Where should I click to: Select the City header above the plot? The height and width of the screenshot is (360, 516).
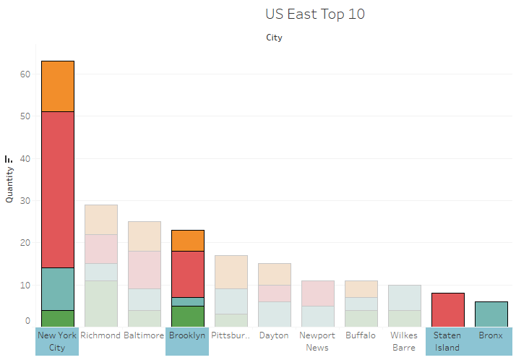(x=274, y=38)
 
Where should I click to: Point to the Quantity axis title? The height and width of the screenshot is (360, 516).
(x=9, y=184)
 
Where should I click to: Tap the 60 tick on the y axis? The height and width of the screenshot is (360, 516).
(x=25, y=74)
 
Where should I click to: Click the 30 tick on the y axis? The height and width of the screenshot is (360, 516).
(x=25, y=200)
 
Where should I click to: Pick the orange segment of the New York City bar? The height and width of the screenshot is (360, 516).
(x=58, y=86)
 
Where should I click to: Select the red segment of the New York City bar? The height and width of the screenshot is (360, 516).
(x=58, y=189)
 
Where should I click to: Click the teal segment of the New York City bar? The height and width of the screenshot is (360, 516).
(x=58, y=288)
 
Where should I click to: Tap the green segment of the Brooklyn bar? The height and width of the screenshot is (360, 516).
(x=188, y=316)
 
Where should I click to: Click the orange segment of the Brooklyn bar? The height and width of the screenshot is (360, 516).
(x=188, y=240)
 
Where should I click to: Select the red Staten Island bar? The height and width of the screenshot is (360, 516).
(x=448, y=309)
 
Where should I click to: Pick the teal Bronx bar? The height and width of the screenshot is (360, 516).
(x=491, y=314)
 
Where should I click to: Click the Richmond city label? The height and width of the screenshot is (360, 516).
(x=101, y=335)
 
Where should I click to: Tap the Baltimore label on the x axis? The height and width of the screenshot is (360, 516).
(x=145, y=335)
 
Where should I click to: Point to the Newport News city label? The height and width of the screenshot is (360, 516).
(x=317, y=341)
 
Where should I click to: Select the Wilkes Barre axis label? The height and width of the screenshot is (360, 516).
(x=404, y=341)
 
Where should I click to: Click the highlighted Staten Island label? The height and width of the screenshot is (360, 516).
(x=447, y=341)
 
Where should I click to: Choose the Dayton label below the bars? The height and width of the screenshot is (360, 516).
(x=274, y=335)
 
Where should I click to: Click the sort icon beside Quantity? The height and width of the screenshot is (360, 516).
(x=9, y=159)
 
